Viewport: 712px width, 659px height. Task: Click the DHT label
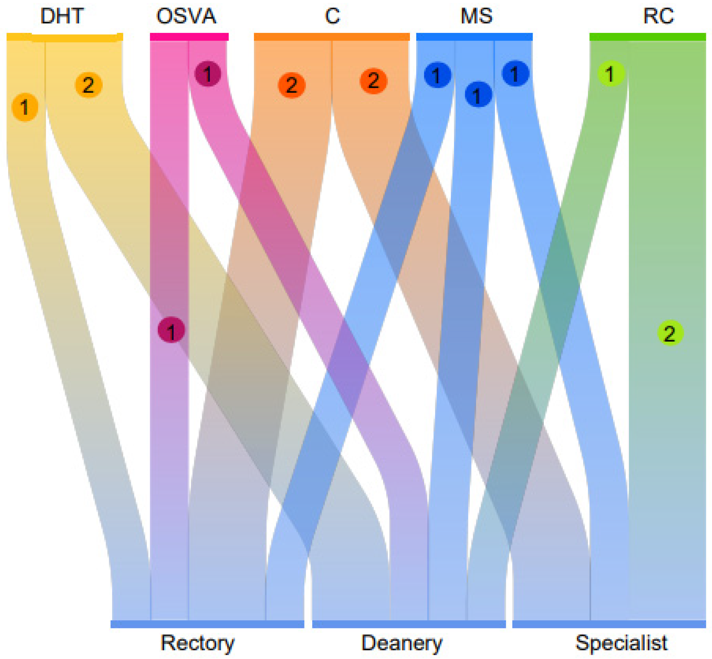(62, 16)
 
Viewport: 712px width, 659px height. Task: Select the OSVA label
(186, 16)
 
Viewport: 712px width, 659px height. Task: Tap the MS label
(476, 16)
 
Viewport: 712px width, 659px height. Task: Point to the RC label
(658, 16)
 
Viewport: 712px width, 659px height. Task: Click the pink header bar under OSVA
(189, 37)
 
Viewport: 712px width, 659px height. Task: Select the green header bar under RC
(648, 37)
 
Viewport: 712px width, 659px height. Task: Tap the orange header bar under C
(332, 37)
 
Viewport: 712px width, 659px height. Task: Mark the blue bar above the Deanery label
(409, 624)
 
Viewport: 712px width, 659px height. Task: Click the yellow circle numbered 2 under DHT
(88, 85)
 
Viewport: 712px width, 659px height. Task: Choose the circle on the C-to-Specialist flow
(374, 80)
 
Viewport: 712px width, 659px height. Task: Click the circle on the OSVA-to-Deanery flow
(208, 74)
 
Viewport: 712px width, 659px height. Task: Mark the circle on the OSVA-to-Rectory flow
(171, 330)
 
